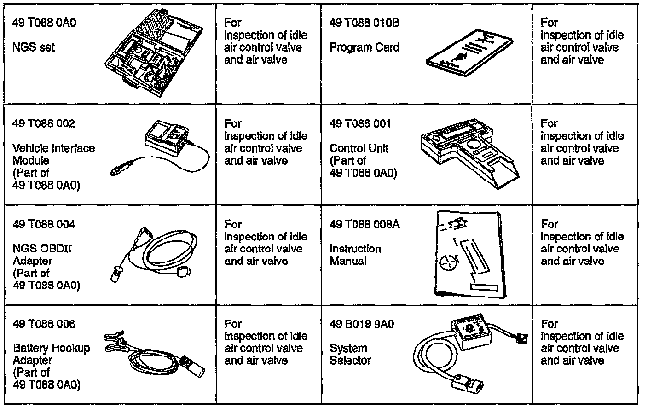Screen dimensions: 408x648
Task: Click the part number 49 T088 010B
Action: click(364, 23)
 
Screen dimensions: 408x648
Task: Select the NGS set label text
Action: click(34, 47)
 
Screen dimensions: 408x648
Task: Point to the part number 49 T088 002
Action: click(44, 124)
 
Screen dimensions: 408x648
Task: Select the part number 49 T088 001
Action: click(360, 124)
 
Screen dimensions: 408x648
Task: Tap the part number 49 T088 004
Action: click(44, 225)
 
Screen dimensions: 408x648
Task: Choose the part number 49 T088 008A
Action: click(364, 225)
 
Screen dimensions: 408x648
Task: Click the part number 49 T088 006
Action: click(44, 324)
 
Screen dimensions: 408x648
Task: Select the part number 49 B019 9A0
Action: click(361, 324)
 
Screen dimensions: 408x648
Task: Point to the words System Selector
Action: click(350, 355)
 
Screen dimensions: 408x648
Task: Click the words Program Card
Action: click(364, 47)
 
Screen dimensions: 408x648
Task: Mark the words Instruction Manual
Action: click(355, 255)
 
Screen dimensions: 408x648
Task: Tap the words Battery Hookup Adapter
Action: click(51, 355)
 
